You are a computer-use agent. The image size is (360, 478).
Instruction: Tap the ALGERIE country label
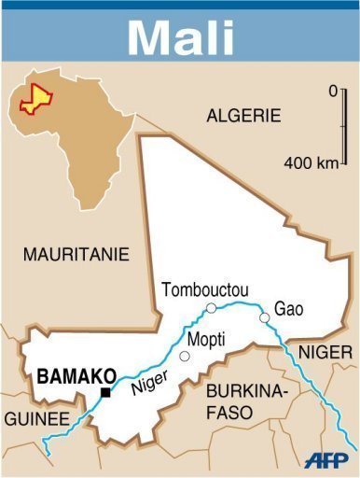coord(242,116)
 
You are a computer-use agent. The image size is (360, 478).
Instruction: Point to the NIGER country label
coord(325,352)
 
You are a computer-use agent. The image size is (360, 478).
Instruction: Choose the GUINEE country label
coord(35,419)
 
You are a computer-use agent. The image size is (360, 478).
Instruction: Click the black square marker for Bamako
coord(105,393)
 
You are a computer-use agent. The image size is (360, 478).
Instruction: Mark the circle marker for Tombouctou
coord(211,307)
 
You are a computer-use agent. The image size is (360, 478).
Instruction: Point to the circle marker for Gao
coord(265,318)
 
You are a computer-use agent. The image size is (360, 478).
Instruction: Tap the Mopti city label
coord(206,339)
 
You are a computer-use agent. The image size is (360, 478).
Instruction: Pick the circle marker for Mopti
coord(185,356)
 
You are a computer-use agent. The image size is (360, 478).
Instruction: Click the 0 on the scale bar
coord(332,91)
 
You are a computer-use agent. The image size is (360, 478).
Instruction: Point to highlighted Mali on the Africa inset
coord(37,97)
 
